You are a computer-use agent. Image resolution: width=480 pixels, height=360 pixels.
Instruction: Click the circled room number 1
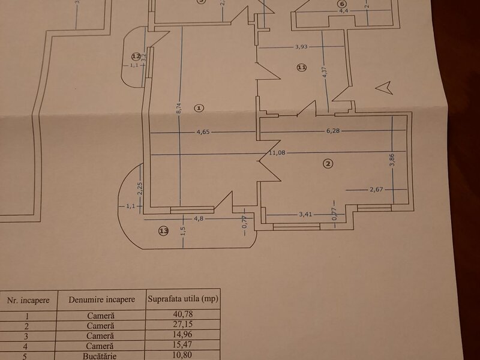(200, 108)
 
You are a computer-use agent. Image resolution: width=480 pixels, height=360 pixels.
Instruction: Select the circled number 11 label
(301, 68)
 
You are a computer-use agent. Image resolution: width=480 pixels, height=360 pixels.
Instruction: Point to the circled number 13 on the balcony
(163, 230)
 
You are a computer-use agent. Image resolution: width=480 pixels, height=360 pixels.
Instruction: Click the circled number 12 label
(136, 56)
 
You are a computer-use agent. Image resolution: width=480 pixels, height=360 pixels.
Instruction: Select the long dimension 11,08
(276, 153)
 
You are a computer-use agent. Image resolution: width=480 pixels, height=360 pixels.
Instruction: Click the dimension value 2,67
(376, 190)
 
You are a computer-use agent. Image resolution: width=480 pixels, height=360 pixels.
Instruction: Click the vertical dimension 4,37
(325, 70)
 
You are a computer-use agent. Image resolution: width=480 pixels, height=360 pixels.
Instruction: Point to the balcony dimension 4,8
(192, 219)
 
